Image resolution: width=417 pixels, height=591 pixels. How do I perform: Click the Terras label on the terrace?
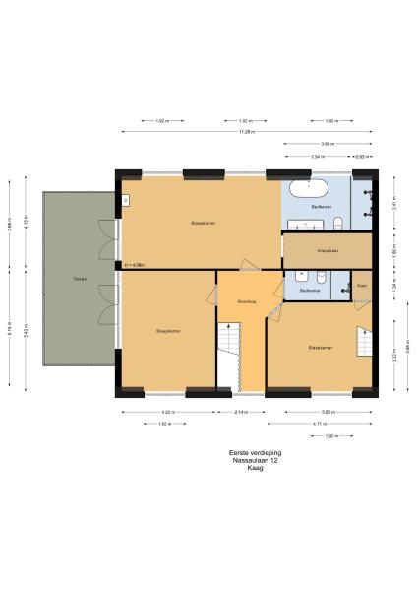(x=78, y=280)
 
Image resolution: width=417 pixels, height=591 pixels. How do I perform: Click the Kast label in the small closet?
(x=362, y=285)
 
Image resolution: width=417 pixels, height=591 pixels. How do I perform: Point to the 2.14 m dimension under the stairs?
(x=241, y=412)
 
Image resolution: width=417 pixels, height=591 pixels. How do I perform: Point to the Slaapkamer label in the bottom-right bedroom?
(x=322, y=348)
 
